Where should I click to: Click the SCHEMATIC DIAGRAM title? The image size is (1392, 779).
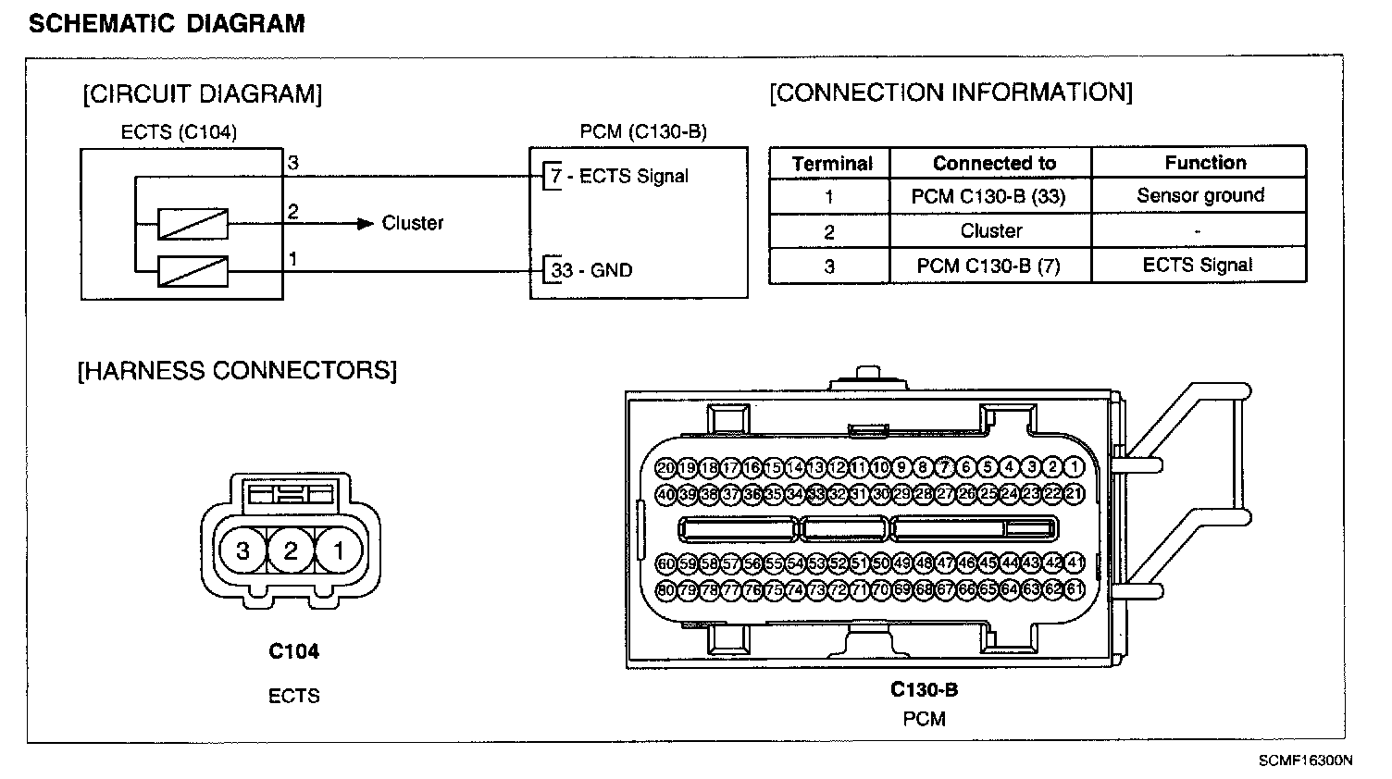167,23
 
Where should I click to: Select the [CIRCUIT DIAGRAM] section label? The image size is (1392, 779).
203,94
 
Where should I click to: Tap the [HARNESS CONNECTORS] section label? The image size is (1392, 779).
237,371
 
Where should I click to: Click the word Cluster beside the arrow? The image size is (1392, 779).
413,223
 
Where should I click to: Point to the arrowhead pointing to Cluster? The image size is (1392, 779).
366,223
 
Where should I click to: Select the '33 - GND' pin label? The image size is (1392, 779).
591,270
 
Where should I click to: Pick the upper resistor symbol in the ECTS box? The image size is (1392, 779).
193,224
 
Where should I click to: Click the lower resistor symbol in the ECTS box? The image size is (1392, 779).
193,271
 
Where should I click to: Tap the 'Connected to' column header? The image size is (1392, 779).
994,163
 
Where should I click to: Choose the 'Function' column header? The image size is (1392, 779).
1205,163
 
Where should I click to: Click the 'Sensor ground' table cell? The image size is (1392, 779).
1200,195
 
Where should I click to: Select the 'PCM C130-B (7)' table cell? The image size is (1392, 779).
988,266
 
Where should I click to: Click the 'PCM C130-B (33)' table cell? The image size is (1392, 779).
988,195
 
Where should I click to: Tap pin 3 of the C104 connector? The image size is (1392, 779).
242,551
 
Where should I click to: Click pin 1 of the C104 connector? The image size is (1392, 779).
339,551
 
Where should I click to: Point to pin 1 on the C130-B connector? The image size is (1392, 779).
1075,468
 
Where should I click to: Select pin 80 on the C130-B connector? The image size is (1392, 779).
665,589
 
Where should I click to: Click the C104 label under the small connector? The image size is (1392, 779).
293,651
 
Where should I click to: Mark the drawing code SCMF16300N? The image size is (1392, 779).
1305,760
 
